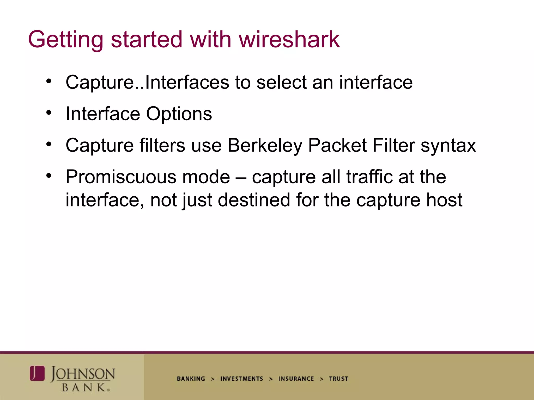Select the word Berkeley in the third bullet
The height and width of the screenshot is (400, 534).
[264, 145]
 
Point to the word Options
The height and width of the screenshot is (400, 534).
[179, 114]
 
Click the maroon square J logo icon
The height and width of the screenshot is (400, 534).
[37, 373]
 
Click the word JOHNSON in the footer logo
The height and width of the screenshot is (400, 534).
[83, 374]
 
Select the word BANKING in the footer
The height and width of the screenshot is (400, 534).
[191, 379]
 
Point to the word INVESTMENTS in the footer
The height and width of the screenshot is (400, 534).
[241, 379]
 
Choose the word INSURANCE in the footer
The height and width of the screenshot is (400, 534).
[296, 379]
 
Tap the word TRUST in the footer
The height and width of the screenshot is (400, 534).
[338, 379]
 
